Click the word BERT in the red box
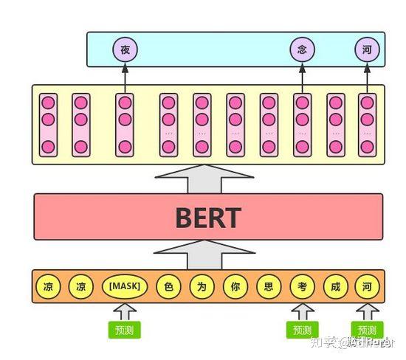pos(207,218)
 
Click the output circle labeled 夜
pos(125,49)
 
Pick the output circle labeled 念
pos(301,49)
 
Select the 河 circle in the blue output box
pos(367,49)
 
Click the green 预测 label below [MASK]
pos(124,329)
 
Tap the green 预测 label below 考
pos(300,329)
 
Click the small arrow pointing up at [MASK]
pos(124,311)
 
